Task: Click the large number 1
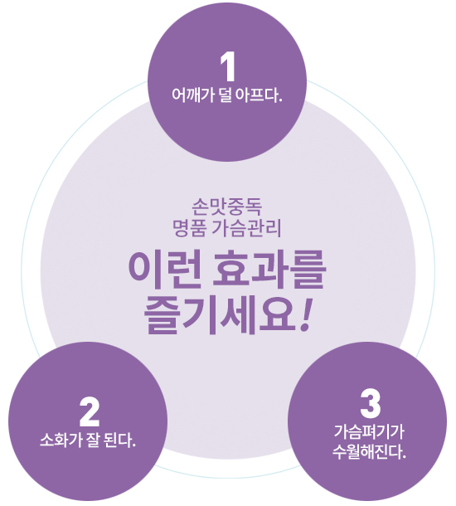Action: coord(228,67)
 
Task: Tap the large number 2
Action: coord(90,412)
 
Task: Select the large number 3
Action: coord(371,403)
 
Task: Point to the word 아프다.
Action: coord(259,95)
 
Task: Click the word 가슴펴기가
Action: coord(369,432)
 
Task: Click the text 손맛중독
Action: coord(226,207)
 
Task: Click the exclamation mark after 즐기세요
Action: coord(306,314)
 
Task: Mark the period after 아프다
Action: coord(280,101)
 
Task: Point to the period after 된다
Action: coord(133,445)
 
